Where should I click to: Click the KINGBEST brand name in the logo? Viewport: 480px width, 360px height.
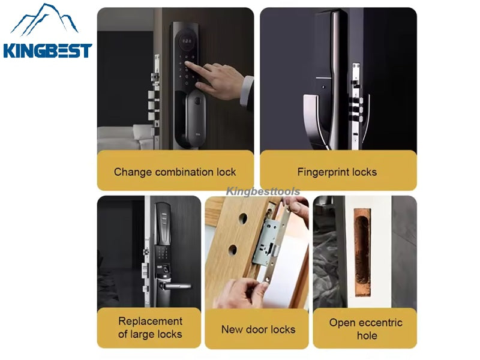(47, 50)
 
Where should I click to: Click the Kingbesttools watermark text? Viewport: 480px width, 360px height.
(263, 191)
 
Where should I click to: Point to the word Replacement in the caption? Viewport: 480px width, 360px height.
(151, 321)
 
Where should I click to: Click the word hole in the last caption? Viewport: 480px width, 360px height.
(367, 336)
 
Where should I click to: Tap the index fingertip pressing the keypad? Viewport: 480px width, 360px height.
(187, 64)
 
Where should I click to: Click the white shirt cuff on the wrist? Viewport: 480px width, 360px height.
(247, 91)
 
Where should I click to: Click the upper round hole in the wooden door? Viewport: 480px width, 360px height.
(243, 218)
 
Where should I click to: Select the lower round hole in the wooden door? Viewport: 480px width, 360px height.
(233, 250)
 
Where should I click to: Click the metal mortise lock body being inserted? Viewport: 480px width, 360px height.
(267, 242)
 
